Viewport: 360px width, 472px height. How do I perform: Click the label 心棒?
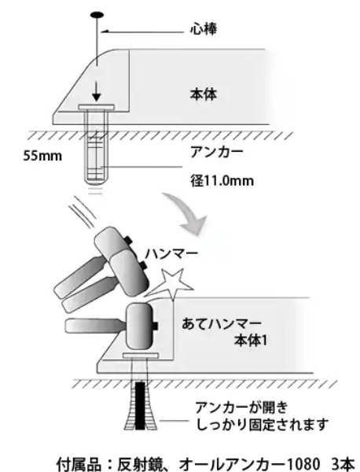(x=204, y=29)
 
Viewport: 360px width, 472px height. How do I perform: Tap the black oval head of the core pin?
(x=97, y=15)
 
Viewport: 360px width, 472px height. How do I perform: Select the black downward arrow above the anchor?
(x=96, y=92)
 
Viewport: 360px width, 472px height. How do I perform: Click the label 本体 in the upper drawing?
(x=204, y=94)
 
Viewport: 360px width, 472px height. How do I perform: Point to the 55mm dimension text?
(x=42, y=157)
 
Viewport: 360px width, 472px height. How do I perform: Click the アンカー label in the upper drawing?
(x=216, y=152)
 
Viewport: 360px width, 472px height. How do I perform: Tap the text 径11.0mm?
(x=222, y=181)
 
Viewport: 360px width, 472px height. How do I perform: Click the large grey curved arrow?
(x=187, y=213)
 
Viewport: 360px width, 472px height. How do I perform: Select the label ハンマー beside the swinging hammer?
(x=171, y=253)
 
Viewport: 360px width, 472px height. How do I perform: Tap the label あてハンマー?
(x=222, y=324)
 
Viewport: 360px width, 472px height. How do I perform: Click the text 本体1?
(x=251, y=341)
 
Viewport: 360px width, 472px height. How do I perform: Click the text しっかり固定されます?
(x=262, y=425)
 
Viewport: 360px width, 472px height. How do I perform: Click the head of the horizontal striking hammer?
(x=141, y=326)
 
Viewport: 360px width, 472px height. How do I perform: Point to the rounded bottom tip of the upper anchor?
(x=95, y=182)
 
